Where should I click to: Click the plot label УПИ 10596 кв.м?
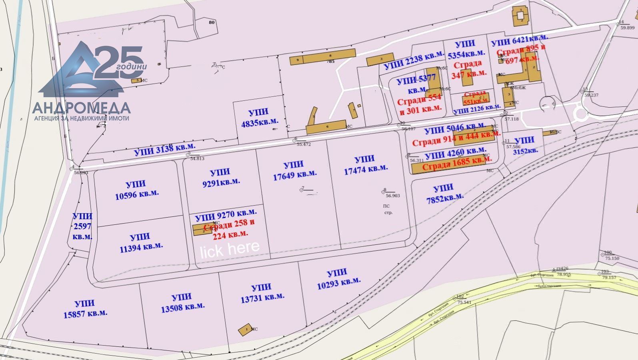coord(136,189)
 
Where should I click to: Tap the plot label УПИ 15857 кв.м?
coord(85,309)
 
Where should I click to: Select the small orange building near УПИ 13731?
coord(245,329)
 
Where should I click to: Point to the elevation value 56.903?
coord(392,196)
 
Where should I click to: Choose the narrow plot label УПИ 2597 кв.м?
coord(82,226)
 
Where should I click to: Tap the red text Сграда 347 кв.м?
coord(469,68)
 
